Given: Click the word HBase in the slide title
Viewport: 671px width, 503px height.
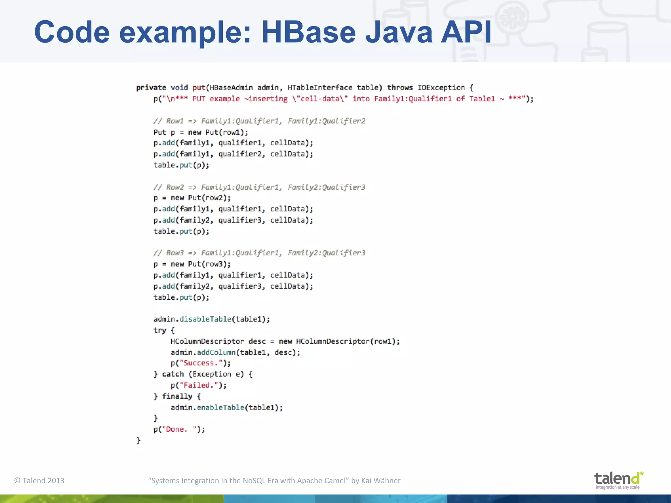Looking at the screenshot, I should tap(308, 32).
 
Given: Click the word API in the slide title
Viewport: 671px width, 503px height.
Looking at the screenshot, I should tap(466, 32).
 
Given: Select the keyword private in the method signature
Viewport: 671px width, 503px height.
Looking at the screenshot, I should tap(151, 88).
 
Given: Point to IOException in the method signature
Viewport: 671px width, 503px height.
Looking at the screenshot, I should tap(441, 88).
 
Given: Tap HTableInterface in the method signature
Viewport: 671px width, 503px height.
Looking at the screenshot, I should tap(320, 88).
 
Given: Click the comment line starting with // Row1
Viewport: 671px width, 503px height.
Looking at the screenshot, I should tap(259, 121).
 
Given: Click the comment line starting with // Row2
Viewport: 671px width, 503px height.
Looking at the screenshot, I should tap(259, 187).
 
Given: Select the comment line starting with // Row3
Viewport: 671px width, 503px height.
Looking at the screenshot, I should tap(259, 253).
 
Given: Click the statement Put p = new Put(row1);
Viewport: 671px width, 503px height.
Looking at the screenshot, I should tap(201, 132).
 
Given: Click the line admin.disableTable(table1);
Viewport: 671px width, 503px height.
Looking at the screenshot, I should tap(212, 319).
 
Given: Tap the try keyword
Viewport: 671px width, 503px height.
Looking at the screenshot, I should tap(160, 330).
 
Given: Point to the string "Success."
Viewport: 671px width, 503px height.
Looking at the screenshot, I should tap(201, 363).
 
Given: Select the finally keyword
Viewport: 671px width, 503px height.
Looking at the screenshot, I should tap(177, 396).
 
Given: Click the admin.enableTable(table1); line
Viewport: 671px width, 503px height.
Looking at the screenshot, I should tap(226, 407).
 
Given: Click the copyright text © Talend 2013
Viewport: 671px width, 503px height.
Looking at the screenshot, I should tap(39, 480).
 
